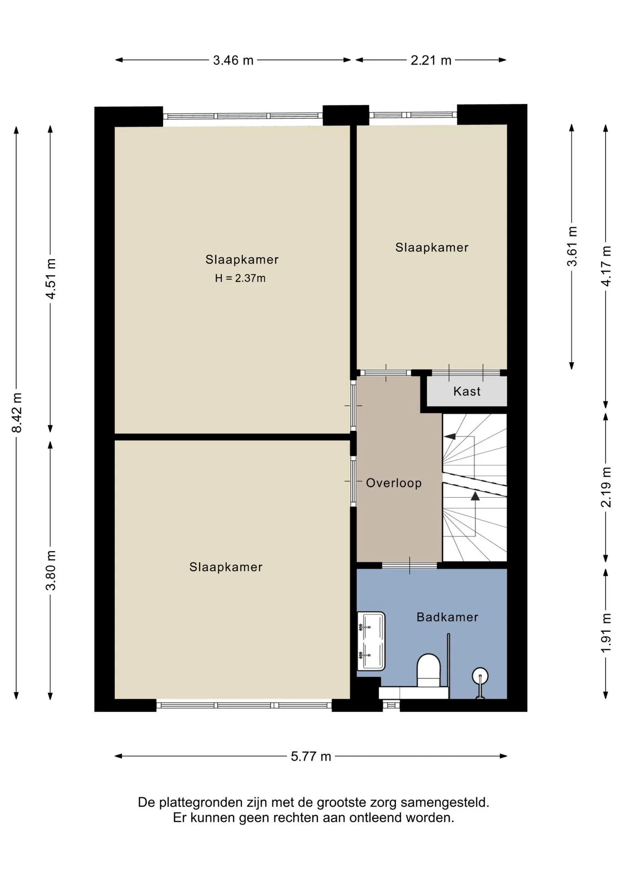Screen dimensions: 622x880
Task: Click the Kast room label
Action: pos(467,391)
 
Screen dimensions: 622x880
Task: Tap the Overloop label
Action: pos(394,483)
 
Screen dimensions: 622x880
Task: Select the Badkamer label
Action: pos(447,617)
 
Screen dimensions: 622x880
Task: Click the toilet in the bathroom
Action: pos(429,670)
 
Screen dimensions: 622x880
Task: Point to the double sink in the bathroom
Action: pos(371,641)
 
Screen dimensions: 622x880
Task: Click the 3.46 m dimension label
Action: pos(233,60)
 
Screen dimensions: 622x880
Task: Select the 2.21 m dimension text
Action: pos(431,60)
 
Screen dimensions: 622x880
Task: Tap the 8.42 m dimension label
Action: pos(17,412)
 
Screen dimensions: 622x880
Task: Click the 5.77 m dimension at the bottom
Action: pos(311,756)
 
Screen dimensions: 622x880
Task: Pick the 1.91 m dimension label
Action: pos(606,633)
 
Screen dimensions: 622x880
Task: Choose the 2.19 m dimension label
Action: pos(606,487)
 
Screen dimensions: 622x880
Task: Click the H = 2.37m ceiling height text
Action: pos(240,278)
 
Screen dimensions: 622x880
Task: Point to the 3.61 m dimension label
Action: pos(572,247)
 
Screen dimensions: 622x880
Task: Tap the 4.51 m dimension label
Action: pos(51,279)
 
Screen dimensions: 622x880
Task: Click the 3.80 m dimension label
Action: pos(51,570)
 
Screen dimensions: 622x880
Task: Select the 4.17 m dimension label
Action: pos(606,266)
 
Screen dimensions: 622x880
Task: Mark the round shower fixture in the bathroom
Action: pos(480,676)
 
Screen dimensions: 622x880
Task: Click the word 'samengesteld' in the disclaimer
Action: pos(445,803)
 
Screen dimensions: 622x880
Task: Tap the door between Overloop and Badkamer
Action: pos(409,566)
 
